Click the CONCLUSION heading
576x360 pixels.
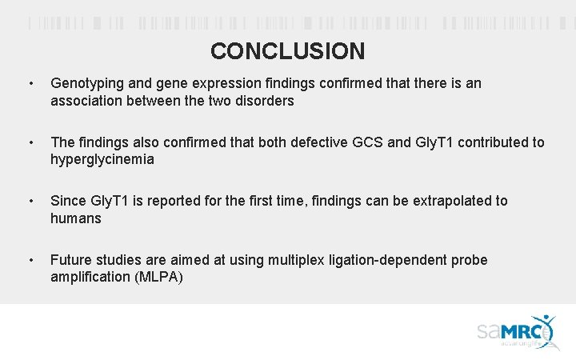coord(287,51)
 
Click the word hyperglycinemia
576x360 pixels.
coord(102,160)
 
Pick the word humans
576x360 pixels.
coord(76,218)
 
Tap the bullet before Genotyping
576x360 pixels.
coord(30,83)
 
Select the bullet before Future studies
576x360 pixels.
coord(30,260)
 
